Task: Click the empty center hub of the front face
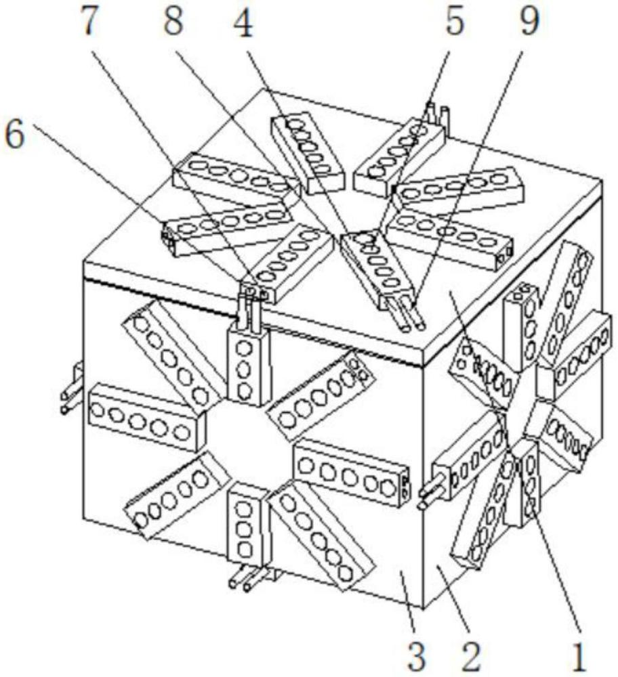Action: [x=249, y=445]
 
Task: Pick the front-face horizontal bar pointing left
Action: [x=147, y=416]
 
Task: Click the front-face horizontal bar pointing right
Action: [x=351, y=473]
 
